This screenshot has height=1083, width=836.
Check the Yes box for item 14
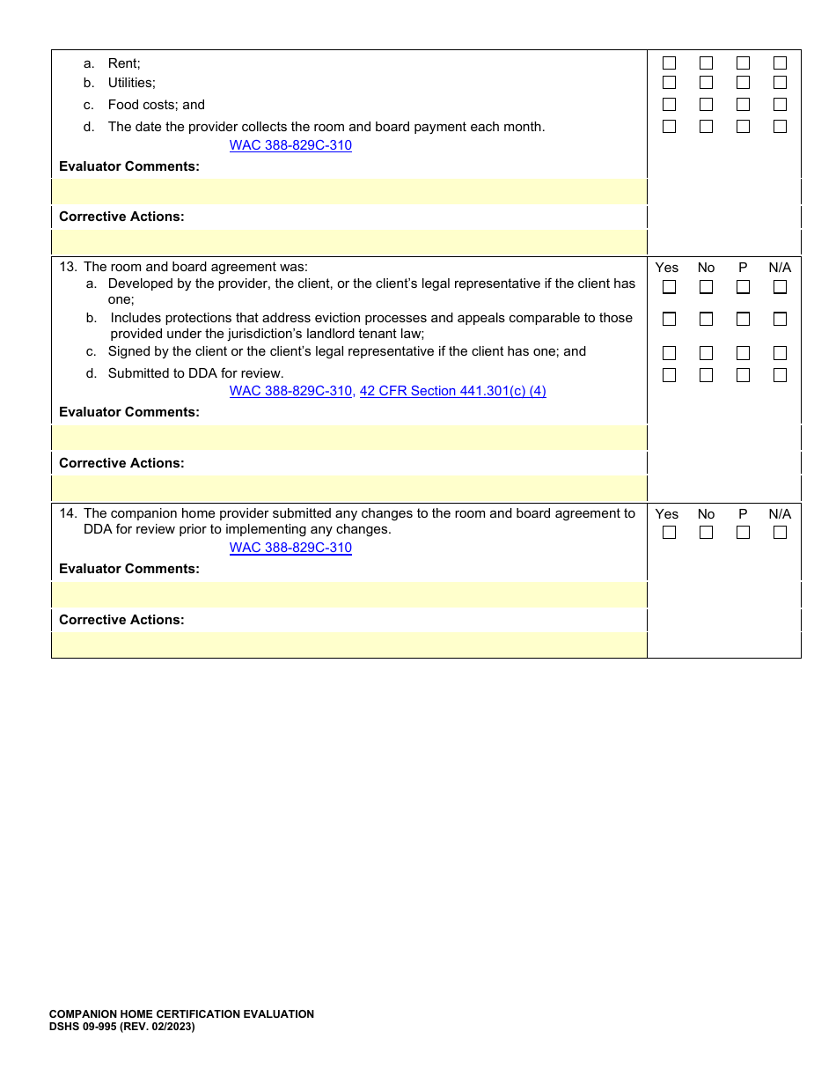(669, 533)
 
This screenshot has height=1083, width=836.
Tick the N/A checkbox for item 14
(780, 533)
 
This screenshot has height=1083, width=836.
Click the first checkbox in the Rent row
(669, 63)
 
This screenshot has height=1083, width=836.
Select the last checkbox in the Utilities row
(780, 83)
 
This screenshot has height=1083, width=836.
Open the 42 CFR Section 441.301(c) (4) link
(452, 391)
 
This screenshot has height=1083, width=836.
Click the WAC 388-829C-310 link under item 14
(290, 548)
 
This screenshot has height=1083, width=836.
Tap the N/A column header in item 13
(780, 268)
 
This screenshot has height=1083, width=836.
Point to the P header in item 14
(743, 514)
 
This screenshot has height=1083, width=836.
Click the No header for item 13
(706, 268)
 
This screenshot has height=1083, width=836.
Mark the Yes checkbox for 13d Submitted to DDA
(669, 375)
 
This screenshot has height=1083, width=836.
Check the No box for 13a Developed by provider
(706, 287)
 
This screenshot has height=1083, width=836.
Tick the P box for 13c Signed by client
(743, 353)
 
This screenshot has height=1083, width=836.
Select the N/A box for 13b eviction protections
(780, 319)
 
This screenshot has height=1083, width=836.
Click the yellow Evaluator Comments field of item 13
(349, 438)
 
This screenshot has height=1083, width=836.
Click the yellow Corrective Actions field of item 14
(349, 645)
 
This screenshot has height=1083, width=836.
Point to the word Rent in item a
(124, 63)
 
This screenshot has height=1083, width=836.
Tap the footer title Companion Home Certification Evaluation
(181, 1014)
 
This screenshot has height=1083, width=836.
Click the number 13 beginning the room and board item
(68, 268)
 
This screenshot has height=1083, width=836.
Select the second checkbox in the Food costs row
(706, 105)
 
